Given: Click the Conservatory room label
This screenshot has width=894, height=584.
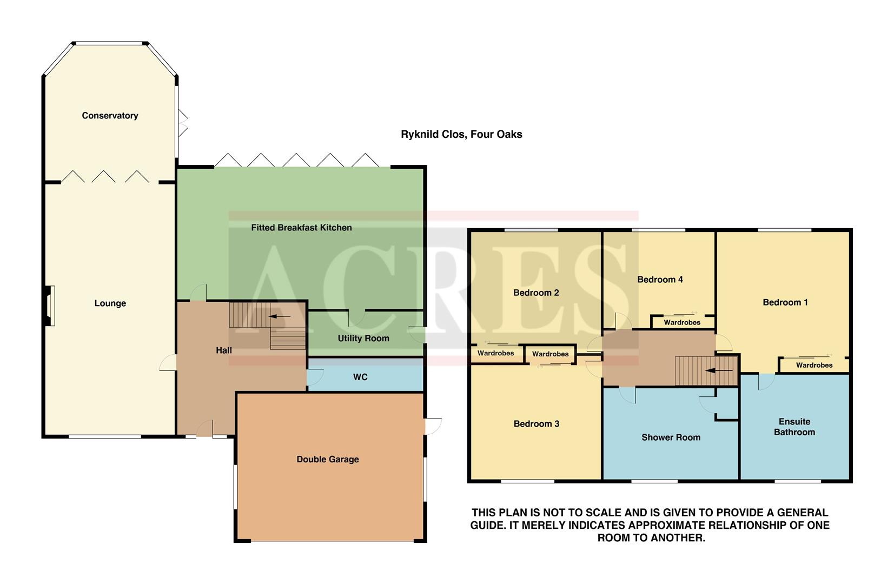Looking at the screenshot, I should [x=110, y=116].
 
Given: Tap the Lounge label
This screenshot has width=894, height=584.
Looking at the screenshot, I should [x=110, y=303].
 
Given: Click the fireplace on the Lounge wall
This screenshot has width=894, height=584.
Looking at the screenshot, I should [x=50, y=306].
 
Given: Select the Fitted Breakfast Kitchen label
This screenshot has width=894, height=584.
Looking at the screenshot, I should [x=301, y=228].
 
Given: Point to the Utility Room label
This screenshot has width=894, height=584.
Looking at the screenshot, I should [x=363, y=339].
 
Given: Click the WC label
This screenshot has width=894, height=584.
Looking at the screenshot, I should [x=360, y=377].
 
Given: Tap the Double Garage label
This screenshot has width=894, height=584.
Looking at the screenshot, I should [x=327, y=460].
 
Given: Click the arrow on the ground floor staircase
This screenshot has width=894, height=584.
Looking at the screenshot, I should [x=279, y=316].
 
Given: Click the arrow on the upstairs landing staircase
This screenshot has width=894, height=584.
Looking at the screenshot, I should [x=719, y=371].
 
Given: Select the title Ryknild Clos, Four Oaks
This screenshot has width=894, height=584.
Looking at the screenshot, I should [x=461, y=135].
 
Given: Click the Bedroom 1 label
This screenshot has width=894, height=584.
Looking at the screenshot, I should [x=785, y=302].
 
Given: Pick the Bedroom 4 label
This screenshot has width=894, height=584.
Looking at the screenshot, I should [x=660, y=280].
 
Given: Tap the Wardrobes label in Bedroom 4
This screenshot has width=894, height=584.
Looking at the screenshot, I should [x=682, y=323].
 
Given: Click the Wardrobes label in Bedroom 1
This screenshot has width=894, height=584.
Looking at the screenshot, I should [x=814, y=366].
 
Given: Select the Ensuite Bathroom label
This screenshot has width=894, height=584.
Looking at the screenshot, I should [x=794, y=427].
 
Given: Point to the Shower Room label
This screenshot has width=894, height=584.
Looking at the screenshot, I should [x=671, y=437].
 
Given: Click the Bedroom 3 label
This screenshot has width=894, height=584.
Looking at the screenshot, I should [x=536, y=424].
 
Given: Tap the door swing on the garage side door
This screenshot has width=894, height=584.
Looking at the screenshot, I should [x=434, y=426].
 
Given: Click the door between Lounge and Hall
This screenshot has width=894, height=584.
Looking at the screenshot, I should [x=168, y=363].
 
